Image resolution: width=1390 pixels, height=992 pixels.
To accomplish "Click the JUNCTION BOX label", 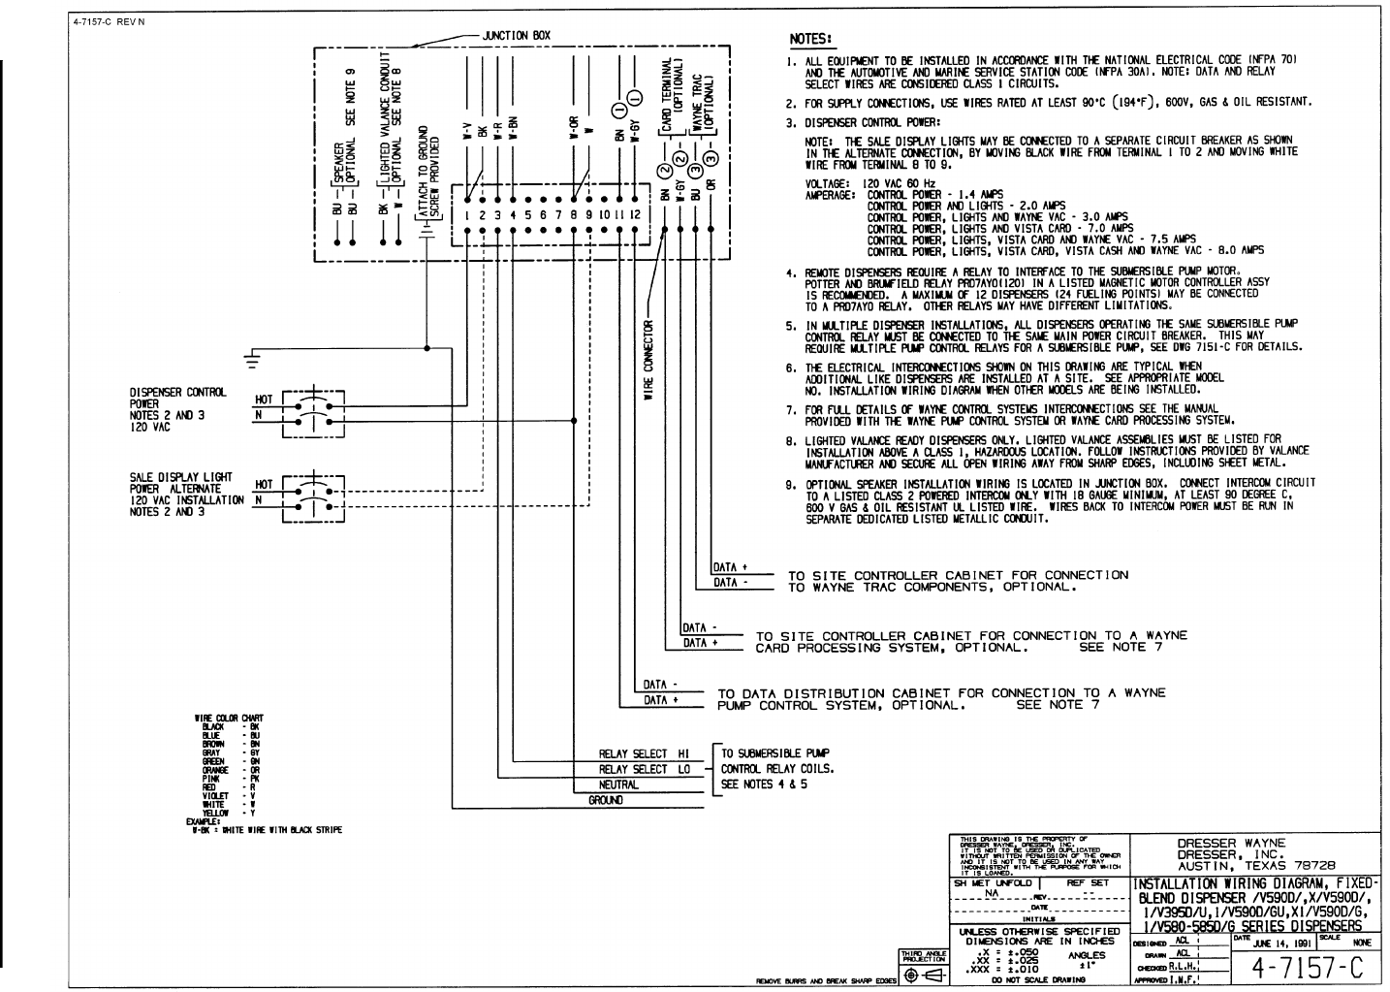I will (x=516, y=36).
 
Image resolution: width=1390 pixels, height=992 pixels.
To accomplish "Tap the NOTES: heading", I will (x=810, y=39).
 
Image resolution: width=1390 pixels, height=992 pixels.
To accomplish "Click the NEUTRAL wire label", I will (x=618, y=784).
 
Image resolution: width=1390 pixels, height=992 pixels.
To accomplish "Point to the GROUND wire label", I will (x=606, y=801).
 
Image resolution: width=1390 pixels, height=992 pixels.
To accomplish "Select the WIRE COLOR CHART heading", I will (x=229, y=719).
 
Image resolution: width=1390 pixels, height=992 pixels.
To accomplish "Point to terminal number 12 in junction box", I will (x=635, y=214).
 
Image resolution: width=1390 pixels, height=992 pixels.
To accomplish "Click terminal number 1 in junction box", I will (x=467, y=214).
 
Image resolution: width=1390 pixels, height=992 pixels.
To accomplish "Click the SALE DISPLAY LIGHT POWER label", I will (x=180, y=483).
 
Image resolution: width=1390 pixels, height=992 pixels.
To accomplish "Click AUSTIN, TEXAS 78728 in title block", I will (x=1256, y=866).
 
